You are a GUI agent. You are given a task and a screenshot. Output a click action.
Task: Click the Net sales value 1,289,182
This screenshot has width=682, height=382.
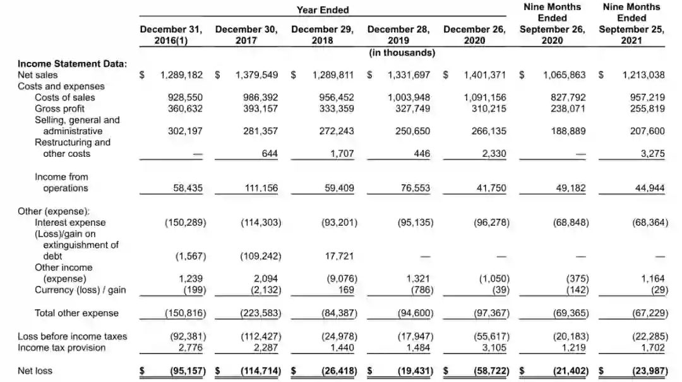(x=182, y=75)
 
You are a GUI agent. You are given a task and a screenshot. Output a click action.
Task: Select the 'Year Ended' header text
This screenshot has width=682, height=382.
(x=323, y=9)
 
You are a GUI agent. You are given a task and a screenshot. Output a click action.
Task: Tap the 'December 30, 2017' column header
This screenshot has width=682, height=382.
(x=246, y=35)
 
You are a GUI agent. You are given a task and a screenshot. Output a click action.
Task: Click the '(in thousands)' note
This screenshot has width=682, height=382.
(x=402, y=52)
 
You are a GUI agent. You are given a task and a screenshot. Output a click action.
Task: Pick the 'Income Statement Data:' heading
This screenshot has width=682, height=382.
(x=73, y=64)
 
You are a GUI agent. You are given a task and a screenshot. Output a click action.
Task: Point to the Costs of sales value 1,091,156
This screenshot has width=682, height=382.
(x=485, y=97)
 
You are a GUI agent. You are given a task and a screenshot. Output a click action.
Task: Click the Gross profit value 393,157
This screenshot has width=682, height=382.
(x=260, y=108)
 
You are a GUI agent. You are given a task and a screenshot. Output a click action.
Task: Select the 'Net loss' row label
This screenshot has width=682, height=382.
(x=35, y=371)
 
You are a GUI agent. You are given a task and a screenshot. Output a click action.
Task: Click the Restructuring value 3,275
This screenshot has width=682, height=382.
(x=650, y=154)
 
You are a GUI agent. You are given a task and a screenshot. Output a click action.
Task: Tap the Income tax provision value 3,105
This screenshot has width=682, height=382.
(x=493, y=348)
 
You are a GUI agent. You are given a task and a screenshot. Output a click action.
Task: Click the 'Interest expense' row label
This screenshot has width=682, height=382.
(x=70, y=223)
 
